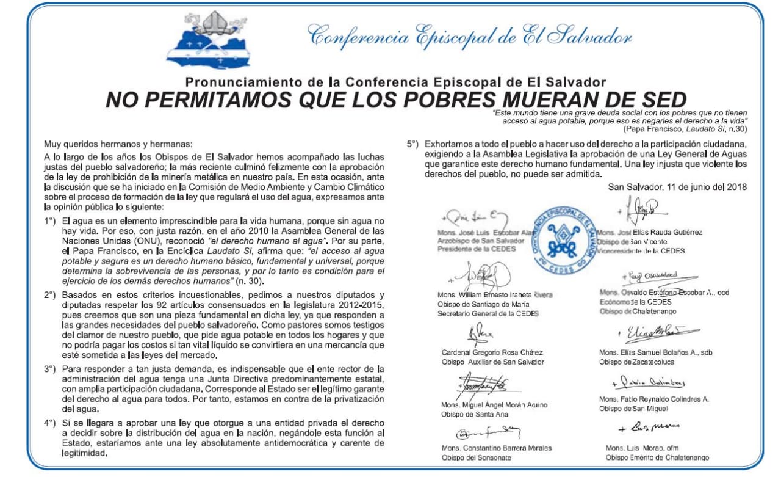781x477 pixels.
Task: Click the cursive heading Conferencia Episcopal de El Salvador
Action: [x=470, y=37]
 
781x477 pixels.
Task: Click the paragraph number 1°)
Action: [x=51, y=220]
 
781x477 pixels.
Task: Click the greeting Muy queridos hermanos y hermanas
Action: [x=118, y=144]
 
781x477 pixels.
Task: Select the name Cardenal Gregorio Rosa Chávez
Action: [x=492, y=352]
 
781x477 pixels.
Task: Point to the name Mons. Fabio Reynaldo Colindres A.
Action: [x=653, y=399]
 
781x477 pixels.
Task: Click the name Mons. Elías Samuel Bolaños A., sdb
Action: [x=655, y=352]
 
